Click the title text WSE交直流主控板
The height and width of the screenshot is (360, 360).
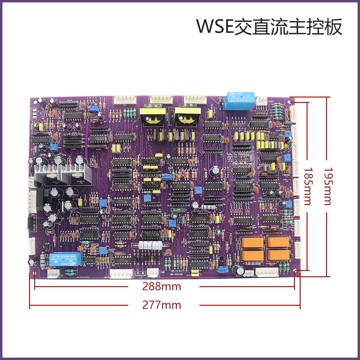pyautogui.click(x=269, y=27)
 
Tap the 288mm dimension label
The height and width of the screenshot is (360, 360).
pyautogui.click(x=162, y=287)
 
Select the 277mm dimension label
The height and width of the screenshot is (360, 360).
pyautogui.click(x=162, y=305)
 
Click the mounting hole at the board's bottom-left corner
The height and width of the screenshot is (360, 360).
pyautogui.click(x=35, y=273)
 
